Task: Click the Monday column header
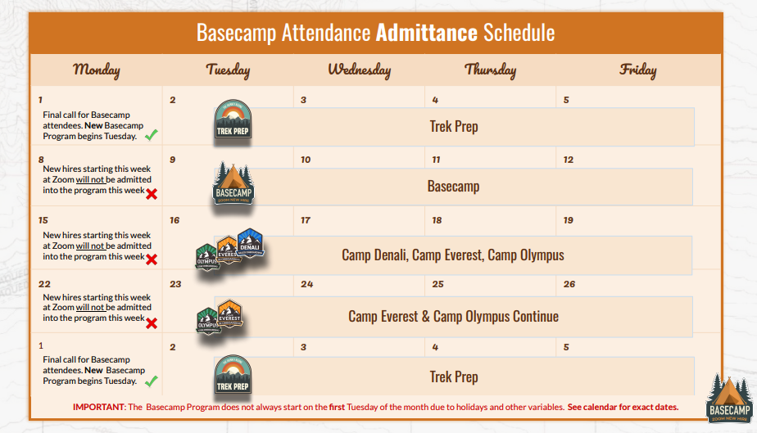(97, 70)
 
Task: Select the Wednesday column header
(359, 70)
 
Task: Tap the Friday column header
(637, 70)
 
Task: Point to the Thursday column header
(490, 70)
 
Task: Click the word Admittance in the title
(426, 33)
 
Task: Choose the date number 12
(569, 160)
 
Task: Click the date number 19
(569, 220)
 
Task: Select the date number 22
(43, 284)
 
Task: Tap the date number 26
(569, 284)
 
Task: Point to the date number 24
(307, 284)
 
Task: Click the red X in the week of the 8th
(151, 193)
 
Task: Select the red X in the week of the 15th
(151, 259)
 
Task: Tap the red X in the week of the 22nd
(151, 322)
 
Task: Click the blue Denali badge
(249, 242)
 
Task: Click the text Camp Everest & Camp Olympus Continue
(453, 317)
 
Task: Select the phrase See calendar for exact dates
(623, 407)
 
